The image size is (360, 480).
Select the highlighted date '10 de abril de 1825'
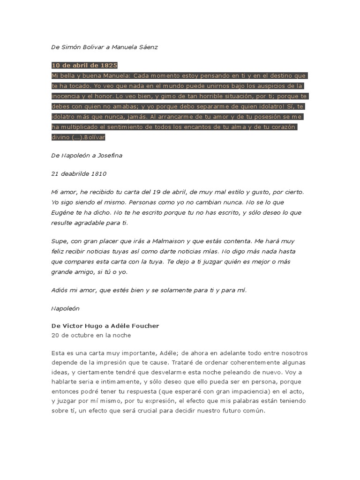pyautogui.click(x=84, y=65)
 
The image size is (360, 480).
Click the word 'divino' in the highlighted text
pyautogui.click(x=60, y=137)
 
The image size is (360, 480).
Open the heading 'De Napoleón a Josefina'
pyautogui.click(x=87, y=155)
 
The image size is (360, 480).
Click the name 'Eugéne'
pyautogui.click(x=63, y=212)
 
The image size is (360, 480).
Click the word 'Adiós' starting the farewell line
pyautogui.click(x=60, y=290)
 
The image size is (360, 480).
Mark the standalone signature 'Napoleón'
pyautogui.click(x=65, y=308)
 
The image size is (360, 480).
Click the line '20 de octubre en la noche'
pyautogui.click(x=91, y=335)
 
